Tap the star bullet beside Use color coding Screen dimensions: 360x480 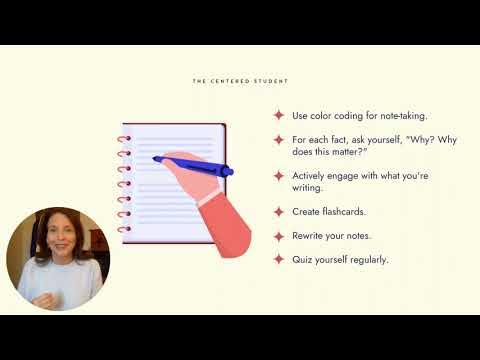point(279,115)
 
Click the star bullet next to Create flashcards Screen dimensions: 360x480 point(279,212)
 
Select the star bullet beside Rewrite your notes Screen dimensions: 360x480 point(279,236)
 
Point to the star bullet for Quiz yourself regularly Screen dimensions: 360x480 point(279,260)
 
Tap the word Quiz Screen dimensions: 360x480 point(310,260)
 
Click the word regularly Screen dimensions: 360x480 point(365,260)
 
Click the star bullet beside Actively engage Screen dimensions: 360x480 point(279,175)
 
